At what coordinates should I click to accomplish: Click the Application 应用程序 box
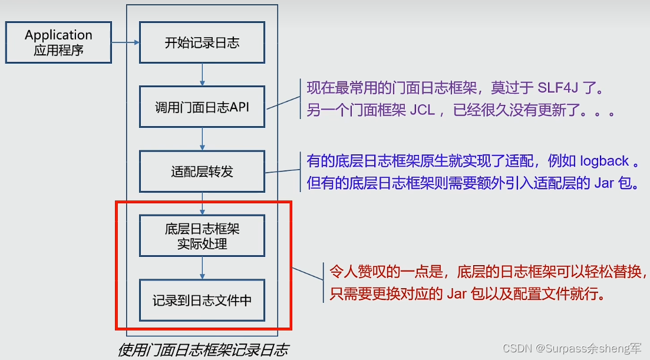pos(58,42)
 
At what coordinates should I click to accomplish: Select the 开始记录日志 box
pos(202,42)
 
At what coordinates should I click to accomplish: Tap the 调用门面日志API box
pos(202,107)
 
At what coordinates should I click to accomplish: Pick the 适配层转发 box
pos(202,171)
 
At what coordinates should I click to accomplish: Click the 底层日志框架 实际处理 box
pos(202,236)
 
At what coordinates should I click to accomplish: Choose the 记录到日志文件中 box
pos(202,300)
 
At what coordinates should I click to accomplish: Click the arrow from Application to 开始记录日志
pos(126,42)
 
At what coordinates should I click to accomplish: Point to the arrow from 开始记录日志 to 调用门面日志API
pos(202,74)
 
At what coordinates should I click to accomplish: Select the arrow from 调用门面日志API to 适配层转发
pos(202,138)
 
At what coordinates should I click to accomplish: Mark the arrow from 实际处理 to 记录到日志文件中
pos(202,267)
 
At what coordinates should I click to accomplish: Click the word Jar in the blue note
pos(604,183)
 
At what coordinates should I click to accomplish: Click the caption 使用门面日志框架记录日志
pos(203,350)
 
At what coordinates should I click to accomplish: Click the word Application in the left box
pos(58,35)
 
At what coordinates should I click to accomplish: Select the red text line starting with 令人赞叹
pos(489,272)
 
